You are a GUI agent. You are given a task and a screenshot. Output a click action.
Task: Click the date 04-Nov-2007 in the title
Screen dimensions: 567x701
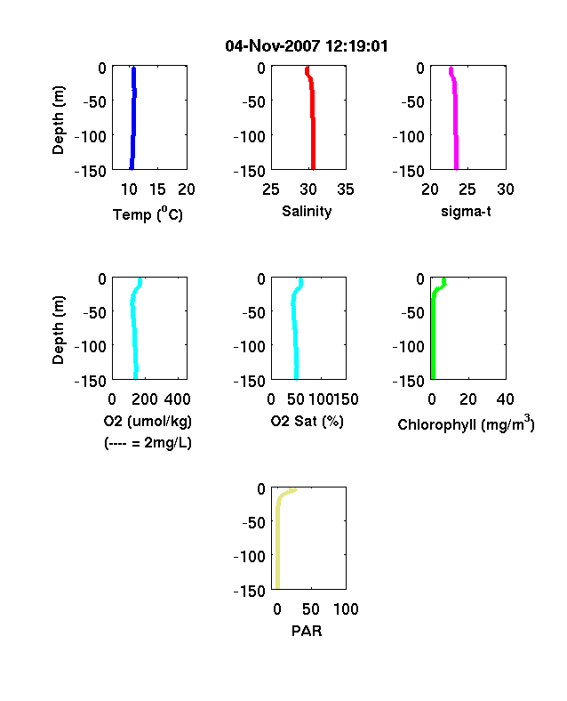272,46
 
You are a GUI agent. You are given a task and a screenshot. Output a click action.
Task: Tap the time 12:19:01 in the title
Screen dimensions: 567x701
356,46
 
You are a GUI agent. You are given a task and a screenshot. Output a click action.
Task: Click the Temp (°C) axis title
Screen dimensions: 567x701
148,214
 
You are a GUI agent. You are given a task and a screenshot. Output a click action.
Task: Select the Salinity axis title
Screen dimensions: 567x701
307,211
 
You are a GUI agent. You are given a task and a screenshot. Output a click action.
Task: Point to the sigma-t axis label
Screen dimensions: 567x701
466,211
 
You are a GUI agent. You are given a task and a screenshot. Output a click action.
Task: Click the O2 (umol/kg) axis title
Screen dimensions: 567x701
148,421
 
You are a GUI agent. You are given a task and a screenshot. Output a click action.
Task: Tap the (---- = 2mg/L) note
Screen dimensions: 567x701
148,443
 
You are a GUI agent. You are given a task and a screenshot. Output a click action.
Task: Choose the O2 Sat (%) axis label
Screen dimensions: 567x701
307,421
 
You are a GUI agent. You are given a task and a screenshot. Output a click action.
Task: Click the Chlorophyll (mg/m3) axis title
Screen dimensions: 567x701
466,423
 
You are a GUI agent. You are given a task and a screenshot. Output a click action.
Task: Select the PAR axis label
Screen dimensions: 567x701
307,631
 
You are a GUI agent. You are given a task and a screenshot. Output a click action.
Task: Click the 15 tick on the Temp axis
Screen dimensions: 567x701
157,189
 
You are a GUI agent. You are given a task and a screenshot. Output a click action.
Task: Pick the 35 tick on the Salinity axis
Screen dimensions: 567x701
346,189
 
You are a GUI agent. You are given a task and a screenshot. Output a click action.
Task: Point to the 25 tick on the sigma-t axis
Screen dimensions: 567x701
467,189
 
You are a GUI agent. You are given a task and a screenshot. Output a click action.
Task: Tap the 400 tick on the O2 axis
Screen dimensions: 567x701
178,399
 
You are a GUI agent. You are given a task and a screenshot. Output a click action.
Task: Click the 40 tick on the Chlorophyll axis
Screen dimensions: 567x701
505,399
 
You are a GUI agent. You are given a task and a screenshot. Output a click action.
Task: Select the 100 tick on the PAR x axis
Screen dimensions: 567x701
346,609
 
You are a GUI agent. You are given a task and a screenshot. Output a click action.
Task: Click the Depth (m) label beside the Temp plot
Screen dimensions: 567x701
58,120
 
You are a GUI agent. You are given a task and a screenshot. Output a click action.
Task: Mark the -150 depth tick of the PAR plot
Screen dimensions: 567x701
250,591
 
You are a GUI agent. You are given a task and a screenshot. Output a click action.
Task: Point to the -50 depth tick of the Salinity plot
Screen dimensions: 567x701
253,102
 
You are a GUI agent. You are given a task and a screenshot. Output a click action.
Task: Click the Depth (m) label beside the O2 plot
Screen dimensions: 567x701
58,330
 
